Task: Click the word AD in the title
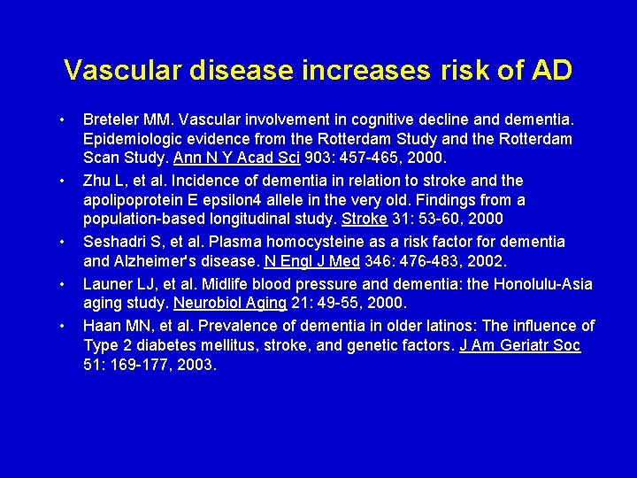(x=549, y=70)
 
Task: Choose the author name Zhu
(x=97, y=180)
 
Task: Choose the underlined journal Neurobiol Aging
(x=230, y=304)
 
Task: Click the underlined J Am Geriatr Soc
(x=520, y=344)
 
